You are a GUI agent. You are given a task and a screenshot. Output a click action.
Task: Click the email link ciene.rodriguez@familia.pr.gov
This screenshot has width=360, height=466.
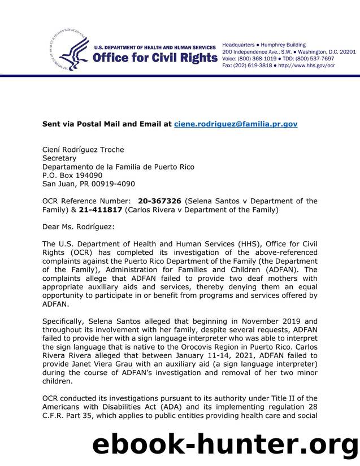tap(236, 124)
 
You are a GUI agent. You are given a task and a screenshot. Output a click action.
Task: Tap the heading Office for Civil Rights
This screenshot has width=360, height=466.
tap(155, 58)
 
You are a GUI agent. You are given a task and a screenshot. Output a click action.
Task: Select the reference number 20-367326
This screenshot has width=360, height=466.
tap(159, 201)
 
